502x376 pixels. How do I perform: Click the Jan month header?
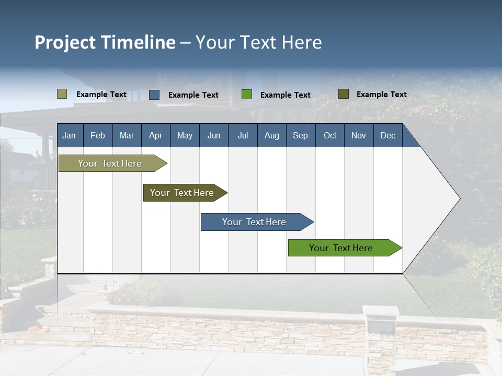[69, 135]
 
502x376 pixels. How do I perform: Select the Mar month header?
[127, 135]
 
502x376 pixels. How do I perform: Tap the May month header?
[185, 135]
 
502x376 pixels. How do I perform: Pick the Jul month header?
[243, 135]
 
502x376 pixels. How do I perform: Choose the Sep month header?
[300, 135]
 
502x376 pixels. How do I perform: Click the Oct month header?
[330, 135]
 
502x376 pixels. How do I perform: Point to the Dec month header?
[387, 135]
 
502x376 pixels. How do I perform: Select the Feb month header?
[98, 135]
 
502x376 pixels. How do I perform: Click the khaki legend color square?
[62, 94]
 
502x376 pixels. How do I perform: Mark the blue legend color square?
[154, 95]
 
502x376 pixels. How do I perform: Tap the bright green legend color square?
[247, 95]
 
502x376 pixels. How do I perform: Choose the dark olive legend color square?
[344, 94]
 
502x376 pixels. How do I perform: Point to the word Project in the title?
[66, 42]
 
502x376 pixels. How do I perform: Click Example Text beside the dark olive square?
[381, 95]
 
